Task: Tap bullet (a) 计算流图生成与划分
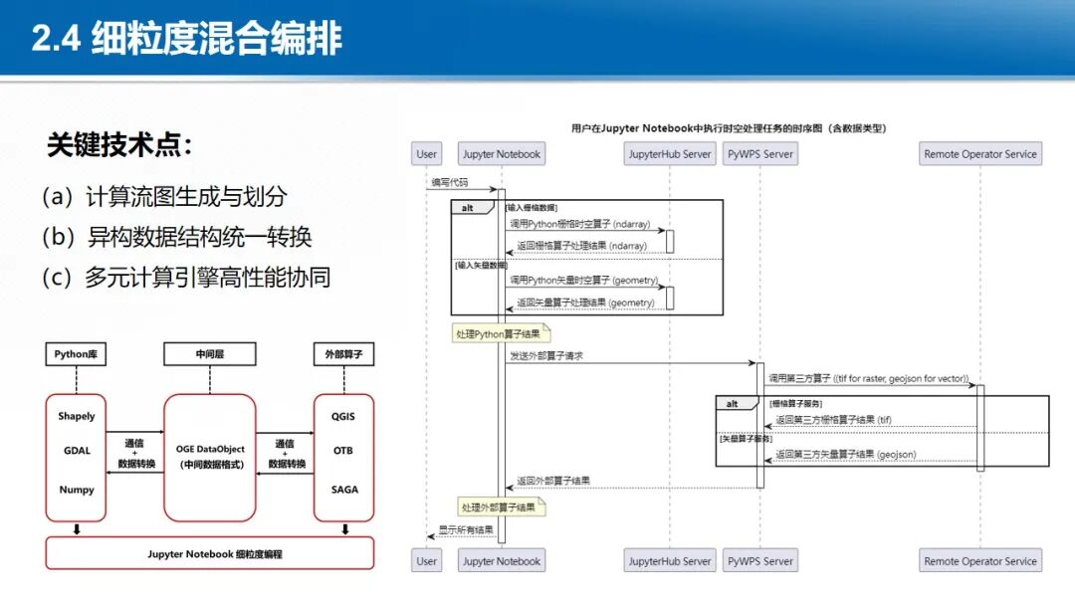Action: pos(164,197)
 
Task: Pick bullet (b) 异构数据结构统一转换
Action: pos(177,237)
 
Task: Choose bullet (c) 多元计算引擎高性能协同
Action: pos(186,277)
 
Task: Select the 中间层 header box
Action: pos(209,353)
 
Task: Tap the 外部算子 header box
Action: pos(343,353)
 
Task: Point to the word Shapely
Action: pos(77,417)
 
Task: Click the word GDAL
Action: pos(77,451)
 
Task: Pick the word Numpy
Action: pos(77,490)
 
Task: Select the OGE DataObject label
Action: pos(210,450)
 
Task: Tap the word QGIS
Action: pos(343,417)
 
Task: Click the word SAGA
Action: pos(343,490)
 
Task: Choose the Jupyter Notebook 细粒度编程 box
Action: pos(209,553)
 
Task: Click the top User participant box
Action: pos(427,154)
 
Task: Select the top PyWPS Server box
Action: pos(759,154)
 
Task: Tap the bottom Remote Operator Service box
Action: pos(980,561)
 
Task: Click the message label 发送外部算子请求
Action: pos(546,355)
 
